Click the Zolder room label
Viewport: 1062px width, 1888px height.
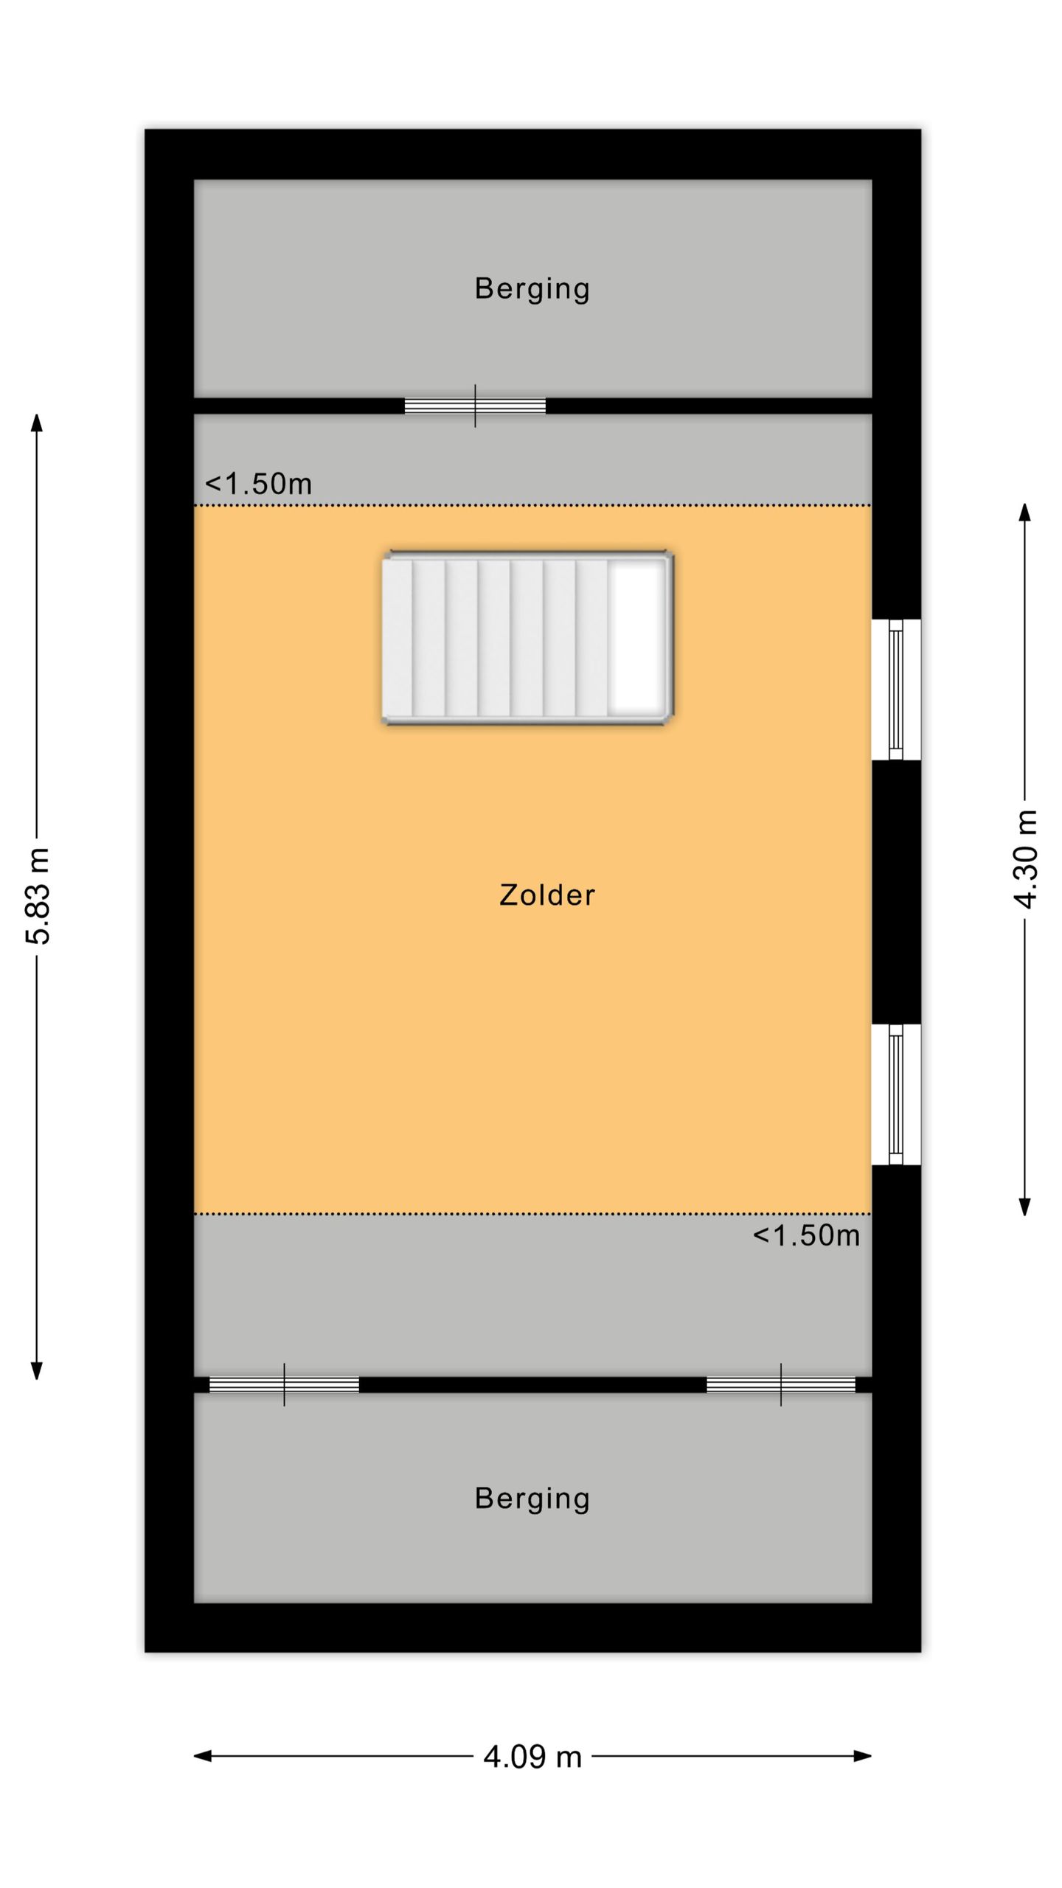546,895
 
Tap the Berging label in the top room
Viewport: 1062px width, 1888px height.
532,288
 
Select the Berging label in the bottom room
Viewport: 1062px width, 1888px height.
532,1498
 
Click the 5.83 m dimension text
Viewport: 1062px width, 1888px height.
38,896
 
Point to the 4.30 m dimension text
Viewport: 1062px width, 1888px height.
1026,859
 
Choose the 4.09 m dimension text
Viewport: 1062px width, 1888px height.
532,1757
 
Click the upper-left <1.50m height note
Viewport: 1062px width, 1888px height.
258,484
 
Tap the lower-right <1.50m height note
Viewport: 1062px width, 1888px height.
806,1235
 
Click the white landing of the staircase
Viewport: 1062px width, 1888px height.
636,637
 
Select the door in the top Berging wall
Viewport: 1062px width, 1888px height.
475,406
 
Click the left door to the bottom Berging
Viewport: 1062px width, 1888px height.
284,1384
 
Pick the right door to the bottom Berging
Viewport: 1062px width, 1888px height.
781,1384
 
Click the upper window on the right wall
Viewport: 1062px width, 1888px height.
896,690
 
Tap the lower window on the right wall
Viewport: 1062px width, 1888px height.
896,1094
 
